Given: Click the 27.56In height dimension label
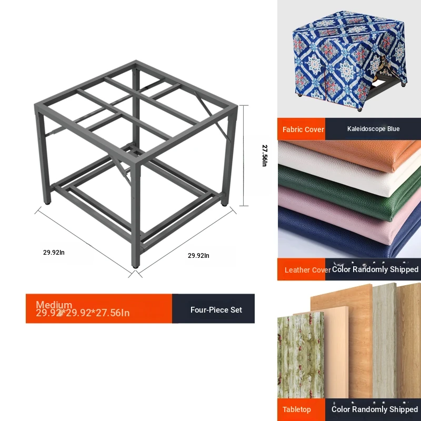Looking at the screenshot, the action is (265, 155).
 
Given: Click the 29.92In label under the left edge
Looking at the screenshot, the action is (54, 253).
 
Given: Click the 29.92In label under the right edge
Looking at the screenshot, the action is (198, 256).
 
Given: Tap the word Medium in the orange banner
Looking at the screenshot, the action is (54, 305).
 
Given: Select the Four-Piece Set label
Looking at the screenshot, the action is (216, 310).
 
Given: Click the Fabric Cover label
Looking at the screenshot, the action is (303, 129).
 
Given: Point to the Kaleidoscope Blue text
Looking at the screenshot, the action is (373, 129).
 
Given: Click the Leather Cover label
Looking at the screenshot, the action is (308, 270).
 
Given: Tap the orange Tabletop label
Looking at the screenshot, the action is (297, 409).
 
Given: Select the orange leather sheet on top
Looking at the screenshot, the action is (357, 153).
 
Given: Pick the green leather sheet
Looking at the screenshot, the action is (349, 192).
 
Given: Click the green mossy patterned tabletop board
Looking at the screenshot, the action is (300, 355).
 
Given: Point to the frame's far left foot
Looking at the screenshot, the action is (47, 203).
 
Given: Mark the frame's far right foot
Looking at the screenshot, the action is (225, 204).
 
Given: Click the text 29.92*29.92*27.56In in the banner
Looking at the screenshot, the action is (83, 313).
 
